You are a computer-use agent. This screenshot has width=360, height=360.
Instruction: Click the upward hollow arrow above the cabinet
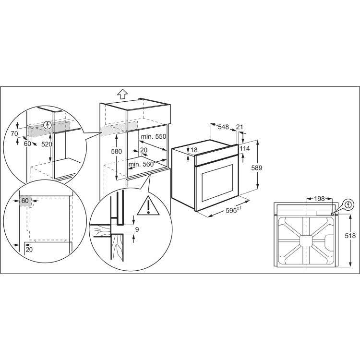tap(122, 94)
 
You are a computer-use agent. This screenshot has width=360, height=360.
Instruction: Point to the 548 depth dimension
tap(223, 127)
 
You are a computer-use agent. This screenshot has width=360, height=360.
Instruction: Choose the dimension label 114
tap(245, 148)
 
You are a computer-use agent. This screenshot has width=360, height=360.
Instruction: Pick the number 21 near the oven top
tap(240, 127)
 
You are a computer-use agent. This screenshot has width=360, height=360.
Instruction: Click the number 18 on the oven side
tap(194, 150)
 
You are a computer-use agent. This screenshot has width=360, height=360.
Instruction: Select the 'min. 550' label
tap(154, 137)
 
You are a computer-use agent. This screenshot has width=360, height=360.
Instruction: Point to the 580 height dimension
tap(110, 152)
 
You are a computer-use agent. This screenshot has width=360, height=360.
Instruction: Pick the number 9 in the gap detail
tap(137, 229)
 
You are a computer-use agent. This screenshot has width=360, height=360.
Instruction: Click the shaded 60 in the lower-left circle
tap(26, 201)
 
